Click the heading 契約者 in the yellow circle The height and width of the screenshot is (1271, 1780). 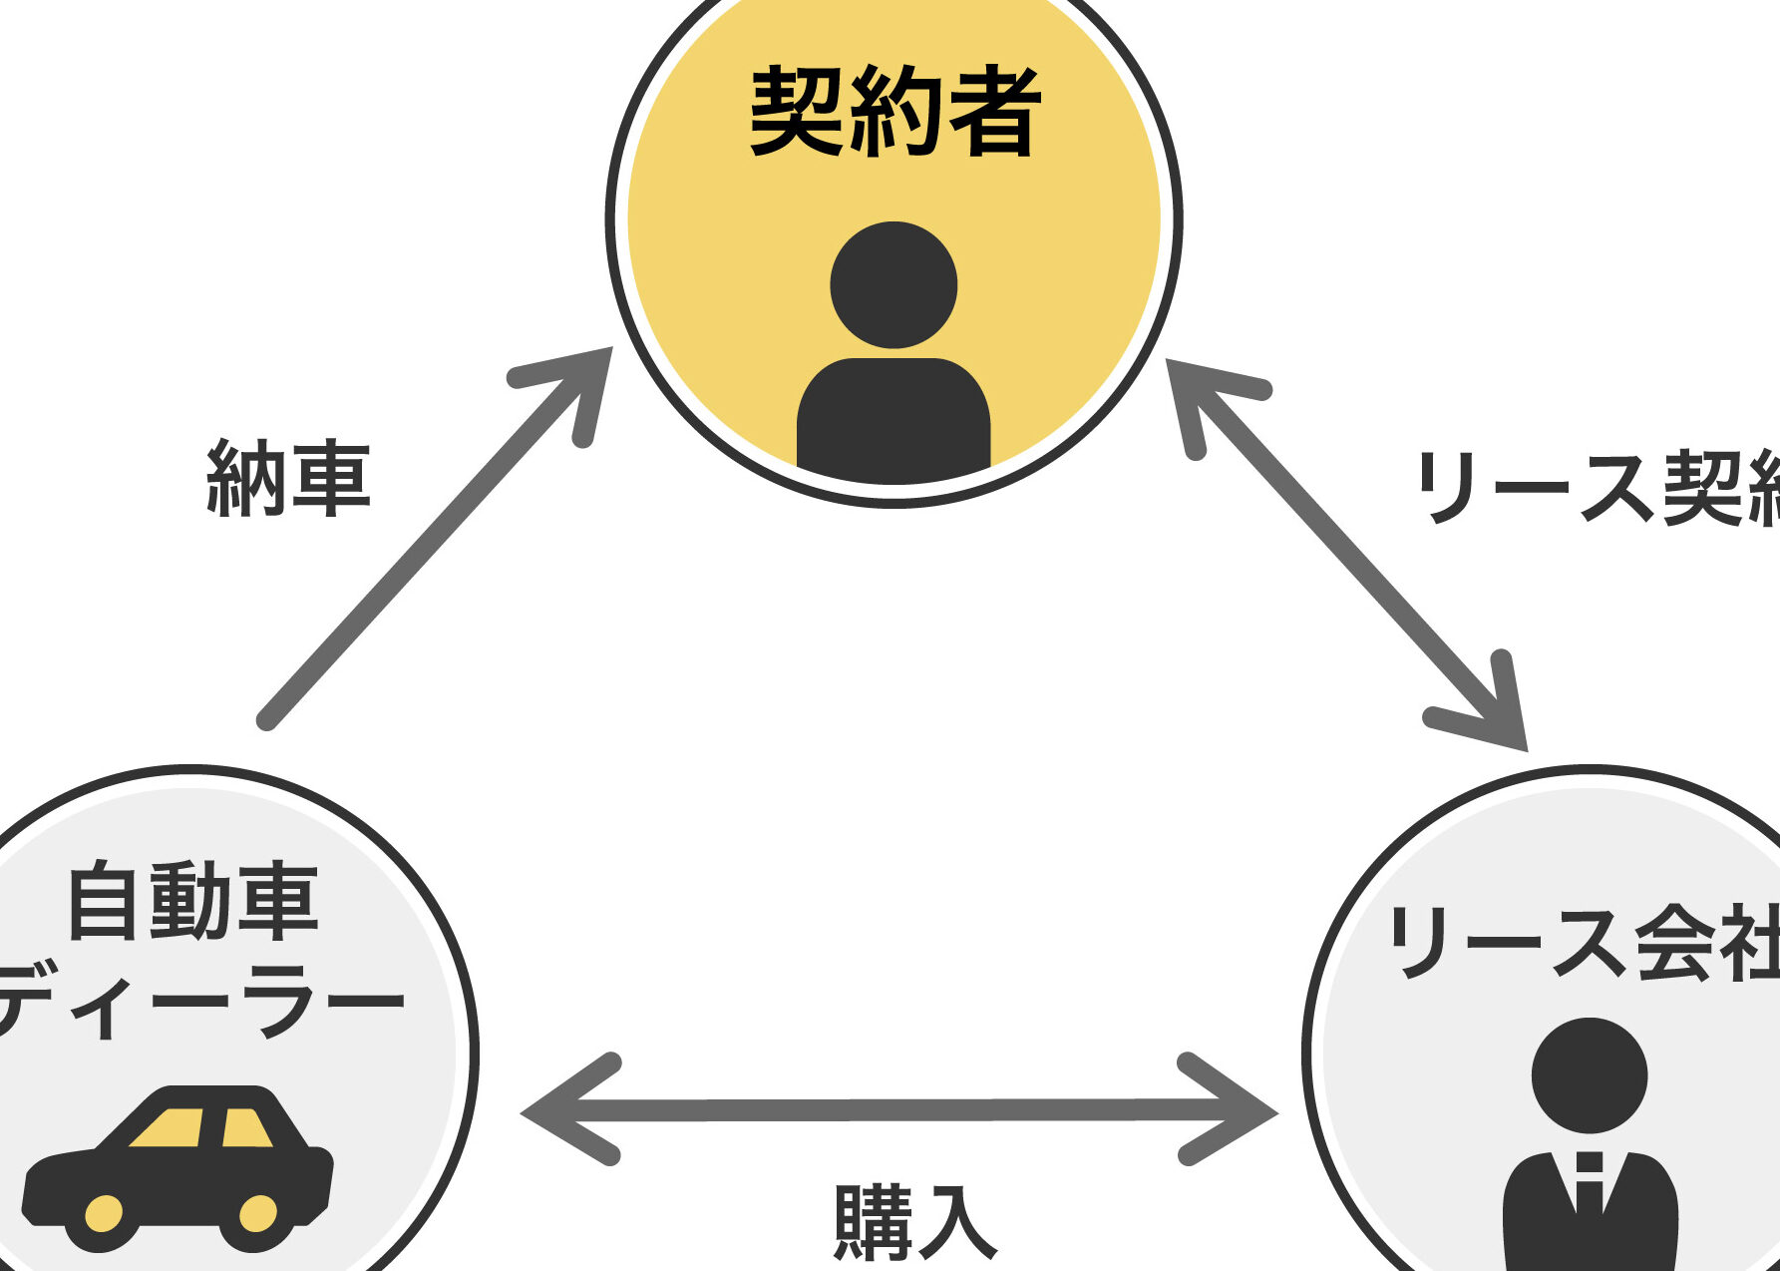pos(894,111)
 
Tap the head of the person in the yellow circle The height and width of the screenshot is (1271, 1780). pos(893,285)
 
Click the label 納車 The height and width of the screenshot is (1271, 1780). pos(288,479)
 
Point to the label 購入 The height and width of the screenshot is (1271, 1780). pos(914,1222)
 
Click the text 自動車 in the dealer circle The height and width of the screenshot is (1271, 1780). pos(192,902)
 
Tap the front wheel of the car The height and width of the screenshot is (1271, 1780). pos(104,1213)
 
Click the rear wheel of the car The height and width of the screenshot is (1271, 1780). pos(257,1213)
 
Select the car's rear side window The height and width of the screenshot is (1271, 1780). pos(244,1128)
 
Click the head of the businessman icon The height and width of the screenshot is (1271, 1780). pos(1589,1075)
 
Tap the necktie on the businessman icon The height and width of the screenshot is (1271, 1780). pos(1590,1182)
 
